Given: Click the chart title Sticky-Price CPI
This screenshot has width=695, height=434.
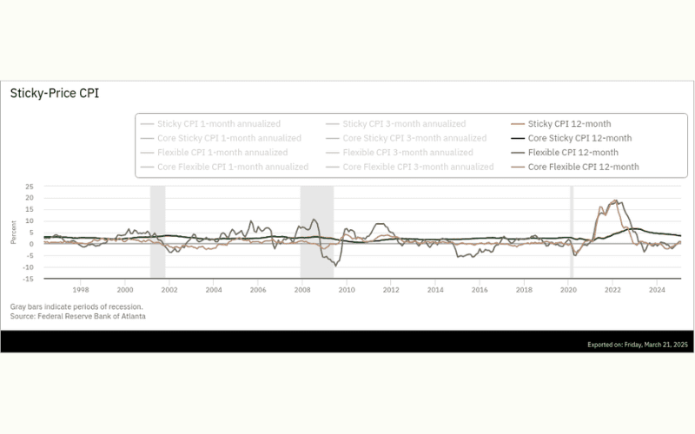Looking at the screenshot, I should click(x=54, y=94).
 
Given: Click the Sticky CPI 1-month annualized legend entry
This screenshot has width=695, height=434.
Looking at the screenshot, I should click(x=218, y=124).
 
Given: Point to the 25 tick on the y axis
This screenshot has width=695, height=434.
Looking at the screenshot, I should click(x=29, y=187).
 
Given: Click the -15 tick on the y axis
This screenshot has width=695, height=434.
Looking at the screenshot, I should click(x=28, y=279).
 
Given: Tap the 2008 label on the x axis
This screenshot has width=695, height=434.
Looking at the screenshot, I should click(x=301, y=289).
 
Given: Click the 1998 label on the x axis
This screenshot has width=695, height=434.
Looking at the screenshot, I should click(x=80, y=289).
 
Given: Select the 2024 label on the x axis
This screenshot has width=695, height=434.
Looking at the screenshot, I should click(x=656, y=289).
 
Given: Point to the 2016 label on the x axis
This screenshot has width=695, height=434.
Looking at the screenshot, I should click(x=479, y=289).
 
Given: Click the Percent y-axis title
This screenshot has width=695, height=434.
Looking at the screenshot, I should click(x=14, y=233).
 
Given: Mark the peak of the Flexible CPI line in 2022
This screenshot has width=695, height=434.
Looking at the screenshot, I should click(x=615, y=201).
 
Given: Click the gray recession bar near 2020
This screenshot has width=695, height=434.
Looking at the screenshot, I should click(x=571, y=231).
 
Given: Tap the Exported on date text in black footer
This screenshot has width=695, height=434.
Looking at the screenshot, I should click(x=637, y=345).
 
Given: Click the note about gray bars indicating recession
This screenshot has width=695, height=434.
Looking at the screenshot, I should click(x=76, y=307).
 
